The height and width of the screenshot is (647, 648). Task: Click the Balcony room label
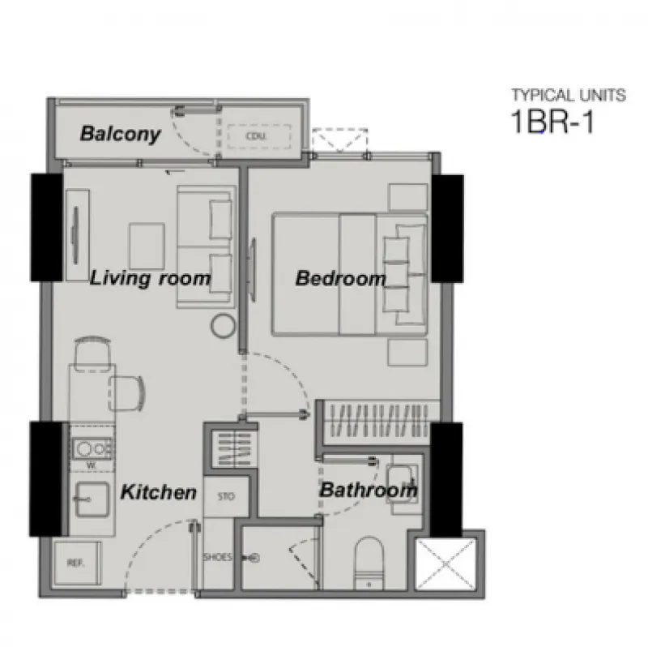click(x=120, y=134)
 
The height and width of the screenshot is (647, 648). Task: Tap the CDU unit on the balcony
click(x=258, y=136)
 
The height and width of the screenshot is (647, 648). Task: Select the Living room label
click(x=150, y=278)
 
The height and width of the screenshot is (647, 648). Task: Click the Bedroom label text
click(x=340, y=278)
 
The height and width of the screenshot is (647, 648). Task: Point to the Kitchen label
click(x=158, y=492)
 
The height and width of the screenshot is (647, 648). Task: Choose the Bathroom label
click(x=368, y=490)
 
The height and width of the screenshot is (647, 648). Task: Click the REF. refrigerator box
click(x=76, y=563)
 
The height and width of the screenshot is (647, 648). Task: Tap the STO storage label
click(x=226, y=496)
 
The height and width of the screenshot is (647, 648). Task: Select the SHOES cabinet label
click(x=217, y=557)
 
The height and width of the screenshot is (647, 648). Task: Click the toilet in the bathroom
click(x=369, y=563)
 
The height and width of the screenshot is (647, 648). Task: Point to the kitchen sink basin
click(x=92, y=499)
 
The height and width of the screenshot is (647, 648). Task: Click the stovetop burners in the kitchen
click(x=92, y=449)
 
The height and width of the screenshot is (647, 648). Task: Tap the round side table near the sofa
click(x=224, y=326)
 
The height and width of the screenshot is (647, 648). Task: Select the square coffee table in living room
click(x=147, y=246)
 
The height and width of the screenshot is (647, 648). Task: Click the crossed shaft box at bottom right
click(x=446, y=563)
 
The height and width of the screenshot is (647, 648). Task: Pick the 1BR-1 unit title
click(x=552, y=122)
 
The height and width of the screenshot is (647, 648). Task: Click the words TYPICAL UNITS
click(x=569, y=96)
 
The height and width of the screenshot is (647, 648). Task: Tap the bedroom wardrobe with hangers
click(x=379, y=420)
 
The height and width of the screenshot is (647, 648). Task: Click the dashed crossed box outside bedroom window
click(x=339, y=140)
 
